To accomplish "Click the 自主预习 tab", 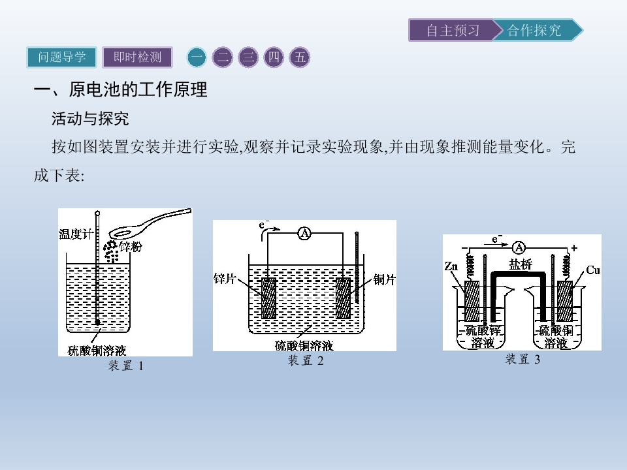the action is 453,30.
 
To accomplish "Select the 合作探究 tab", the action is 536,30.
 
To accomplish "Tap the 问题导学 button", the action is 61,57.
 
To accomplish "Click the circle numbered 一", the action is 197,57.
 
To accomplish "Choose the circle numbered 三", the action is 248,57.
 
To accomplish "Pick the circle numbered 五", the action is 300,57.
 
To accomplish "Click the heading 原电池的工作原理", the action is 138,89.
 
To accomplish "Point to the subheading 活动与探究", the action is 90,119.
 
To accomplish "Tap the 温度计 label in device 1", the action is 76,234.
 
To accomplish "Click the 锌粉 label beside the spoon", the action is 131,247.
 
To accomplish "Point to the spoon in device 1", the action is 150,224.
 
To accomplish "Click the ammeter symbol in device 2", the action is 305,233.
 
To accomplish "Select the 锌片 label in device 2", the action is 225,279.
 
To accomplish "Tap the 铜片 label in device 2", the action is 384,279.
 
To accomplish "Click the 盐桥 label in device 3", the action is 521,264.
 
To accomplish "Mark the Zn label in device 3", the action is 451,266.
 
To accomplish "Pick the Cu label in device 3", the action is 593,270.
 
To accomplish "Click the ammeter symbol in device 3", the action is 519,248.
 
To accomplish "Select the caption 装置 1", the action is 125,366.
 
